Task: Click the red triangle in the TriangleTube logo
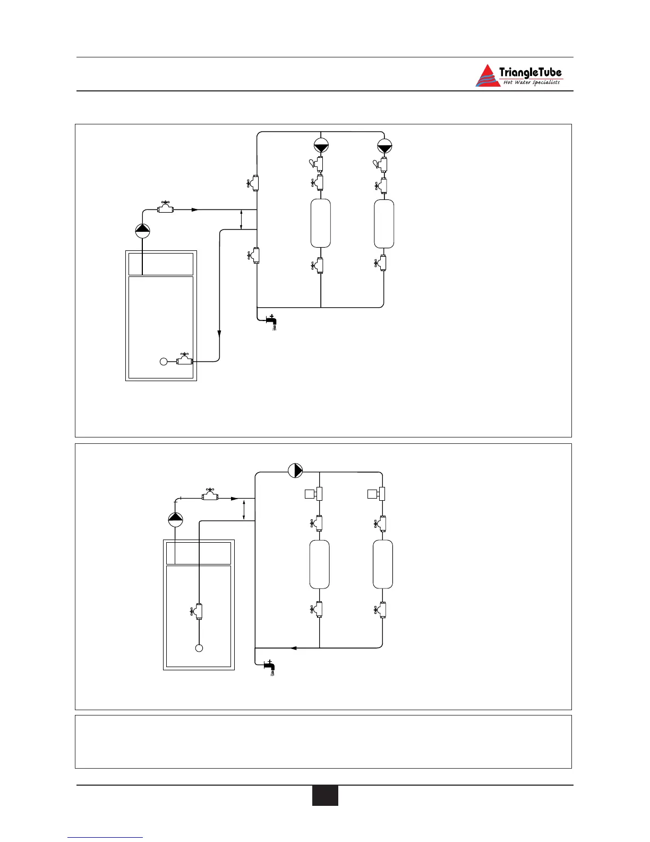click(x=487, y=76)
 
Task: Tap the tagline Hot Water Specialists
click(x=531, y=82)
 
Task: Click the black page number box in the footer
click(x=324, y=796)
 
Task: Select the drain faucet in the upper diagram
click(x=270, y=320)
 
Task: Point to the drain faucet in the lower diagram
click(x=269, y=665)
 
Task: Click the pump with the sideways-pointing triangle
click(x=295, y=471)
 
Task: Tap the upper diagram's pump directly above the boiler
click(x=142, y=231)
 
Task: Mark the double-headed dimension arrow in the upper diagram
click(x=242, y=220)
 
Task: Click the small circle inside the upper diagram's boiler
click(x=164, y=361)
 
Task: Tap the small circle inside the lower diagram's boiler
click(x=199, y=648)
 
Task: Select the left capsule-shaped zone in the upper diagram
click(x=321, y=223)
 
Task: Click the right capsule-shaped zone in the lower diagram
click(x=383, y=564)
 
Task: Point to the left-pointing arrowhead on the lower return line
click(x=293, y=647)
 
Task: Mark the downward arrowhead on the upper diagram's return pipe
click(x=219, y=333)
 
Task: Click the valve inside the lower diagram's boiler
click(x=198, y=611)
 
